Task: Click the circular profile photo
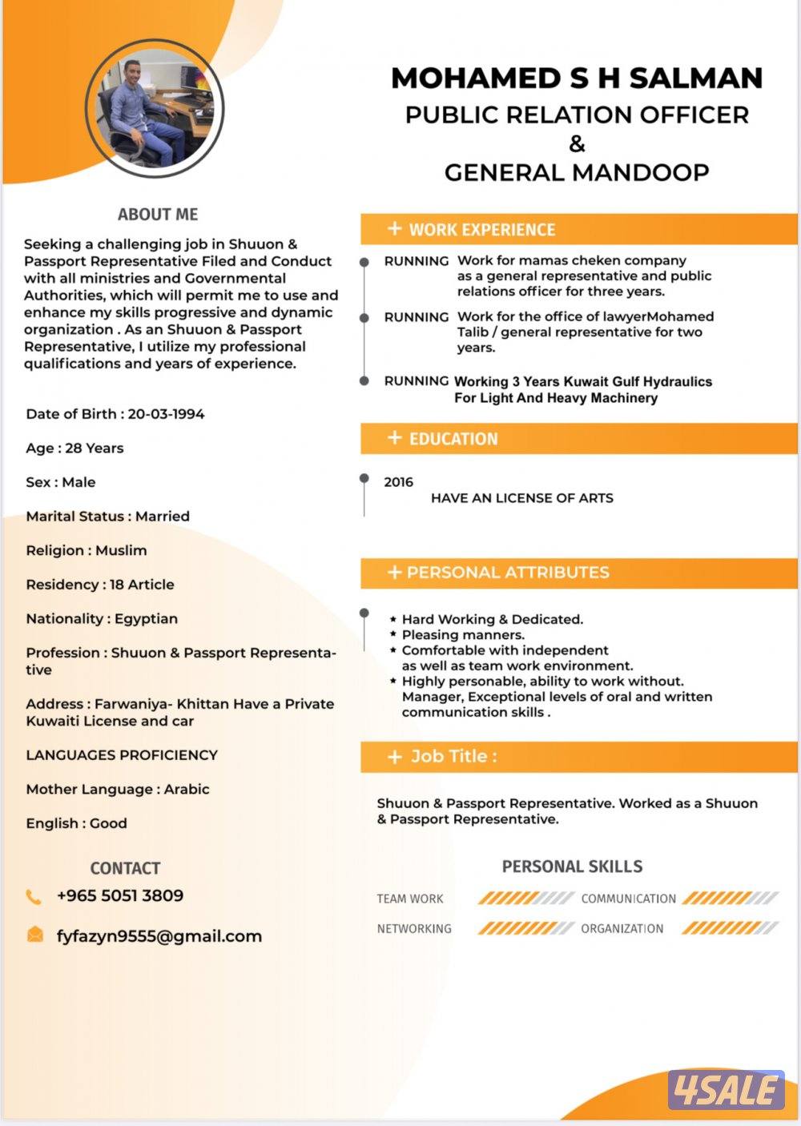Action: (x=154, y=109)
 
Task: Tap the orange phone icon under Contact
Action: (x=34, y=897)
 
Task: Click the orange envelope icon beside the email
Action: (x=35, y=935)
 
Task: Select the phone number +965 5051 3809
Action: (x=120, y=895)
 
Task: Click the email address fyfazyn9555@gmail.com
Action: (x=159, y=936)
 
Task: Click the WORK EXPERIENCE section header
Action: (x=481, y=230)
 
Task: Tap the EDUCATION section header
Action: (x=453, y=439)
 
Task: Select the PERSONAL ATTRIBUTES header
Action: (x=507, y=573)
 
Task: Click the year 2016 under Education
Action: (x=398, y=482)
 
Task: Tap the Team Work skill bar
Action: (x=526, y=899)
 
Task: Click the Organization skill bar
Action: (x=730, y=929)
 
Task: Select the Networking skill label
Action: (x=414, y=929)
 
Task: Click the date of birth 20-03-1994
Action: (x=166, y=414)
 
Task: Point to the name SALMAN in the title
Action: (x=695, y=78)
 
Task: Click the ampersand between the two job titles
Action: (x=577, y=144)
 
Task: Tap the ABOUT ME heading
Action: (x=158, y=215)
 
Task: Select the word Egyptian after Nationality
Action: (x=146, y=619)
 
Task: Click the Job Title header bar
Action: (x=453, y=757)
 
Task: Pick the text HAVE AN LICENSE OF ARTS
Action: (x=521, y=498)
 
